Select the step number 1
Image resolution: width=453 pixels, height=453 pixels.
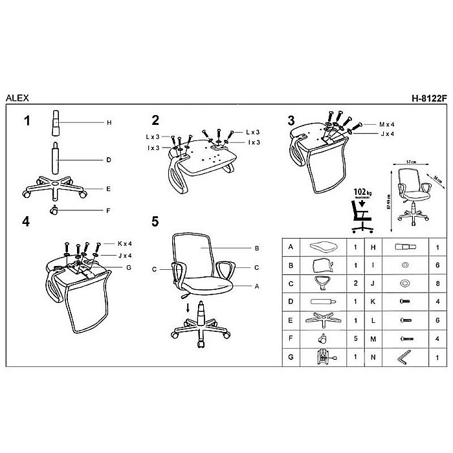[27, 120]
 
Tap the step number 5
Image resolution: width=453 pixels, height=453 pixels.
[155, 221]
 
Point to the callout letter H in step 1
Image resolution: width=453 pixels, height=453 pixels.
[109, 122]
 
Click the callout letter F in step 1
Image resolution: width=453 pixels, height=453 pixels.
[108, 210]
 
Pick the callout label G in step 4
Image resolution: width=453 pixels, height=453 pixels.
[129, 267]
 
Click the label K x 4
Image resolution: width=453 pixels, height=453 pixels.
[125, 244]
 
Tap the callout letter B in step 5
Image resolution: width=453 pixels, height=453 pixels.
[257, 248]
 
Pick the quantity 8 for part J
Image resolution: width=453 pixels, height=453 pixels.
[438, 283]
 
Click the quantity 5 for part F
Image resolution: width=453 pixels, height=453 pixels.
[355, 338]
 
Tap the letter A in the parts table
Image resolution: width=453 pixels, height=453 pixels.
[291, 247]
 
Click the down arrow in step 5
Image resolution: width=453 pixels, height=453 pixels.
[188, 306]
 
